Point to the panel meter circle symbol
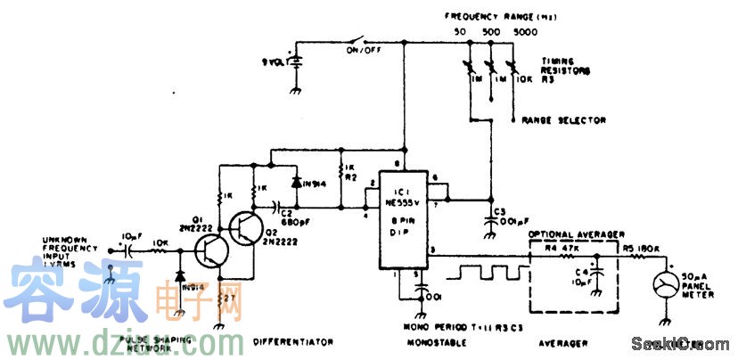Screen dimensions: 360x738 coord(665,285)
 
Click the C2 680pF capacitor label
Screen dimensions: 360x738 coord(295,218)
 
